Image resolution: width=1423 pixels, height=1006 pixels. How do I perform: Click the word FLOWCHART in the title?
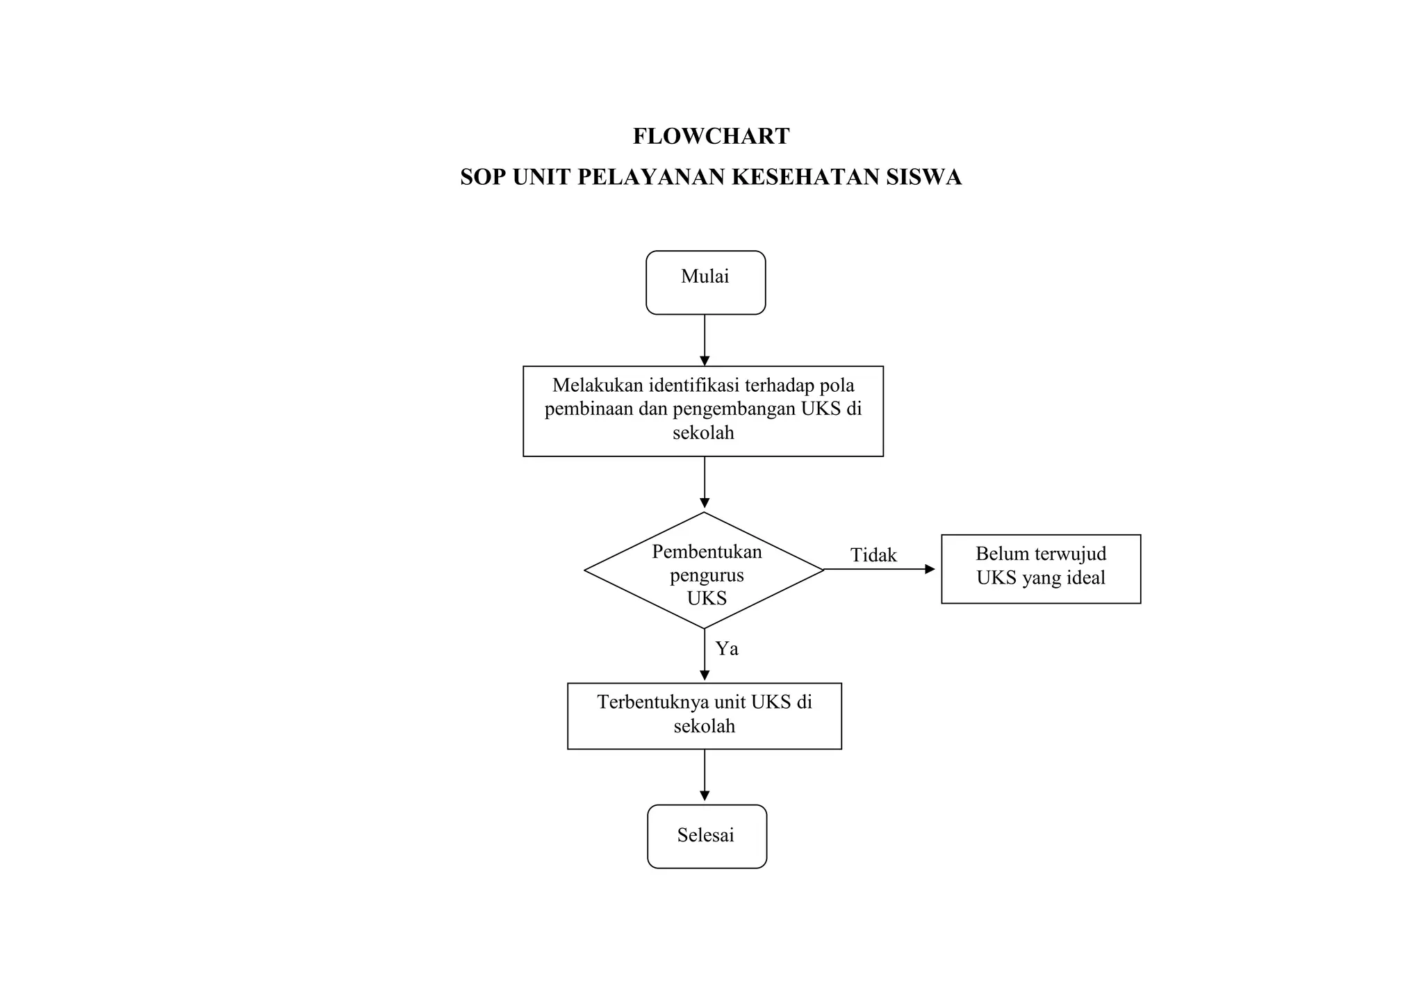pos(711,136)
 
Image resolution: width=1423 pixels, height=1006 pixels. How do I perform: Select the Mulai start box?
pos(705,283)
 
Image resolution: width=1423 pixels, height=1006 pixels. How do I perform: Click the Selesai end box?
pos(706,836)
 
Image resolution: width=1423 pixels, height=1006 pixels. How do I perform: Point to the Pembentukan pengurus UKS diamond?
pos(705,571)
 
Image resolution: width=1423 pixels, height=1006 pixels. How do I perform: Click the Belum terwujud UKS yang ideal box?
pos(1040,568)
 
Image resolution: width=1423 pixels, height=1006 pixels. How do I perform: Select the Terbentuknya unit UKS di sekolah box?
pos(704,716)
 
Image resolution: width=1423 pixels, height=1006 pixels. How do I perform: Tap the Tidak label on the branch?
pos(873,555)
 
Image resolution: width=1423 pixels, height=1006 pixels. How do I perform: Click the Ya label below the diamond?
pos(727,649)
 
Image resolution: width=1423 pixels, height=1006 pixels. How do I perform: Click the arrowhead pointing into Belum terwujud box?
pos(930,569)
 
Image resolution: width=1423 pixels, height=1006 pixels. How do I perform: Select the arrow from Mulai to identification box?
pos(705,340)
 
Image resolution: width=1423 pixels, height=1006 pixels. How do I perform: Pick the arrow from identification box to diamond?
pos(705,483)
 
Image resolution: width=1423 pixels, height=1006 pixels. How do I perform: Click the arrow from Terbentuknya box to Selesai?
pos(705,775)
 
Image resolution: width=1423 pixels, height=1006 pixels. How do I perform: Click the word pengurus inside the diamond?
pos(707,575)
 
